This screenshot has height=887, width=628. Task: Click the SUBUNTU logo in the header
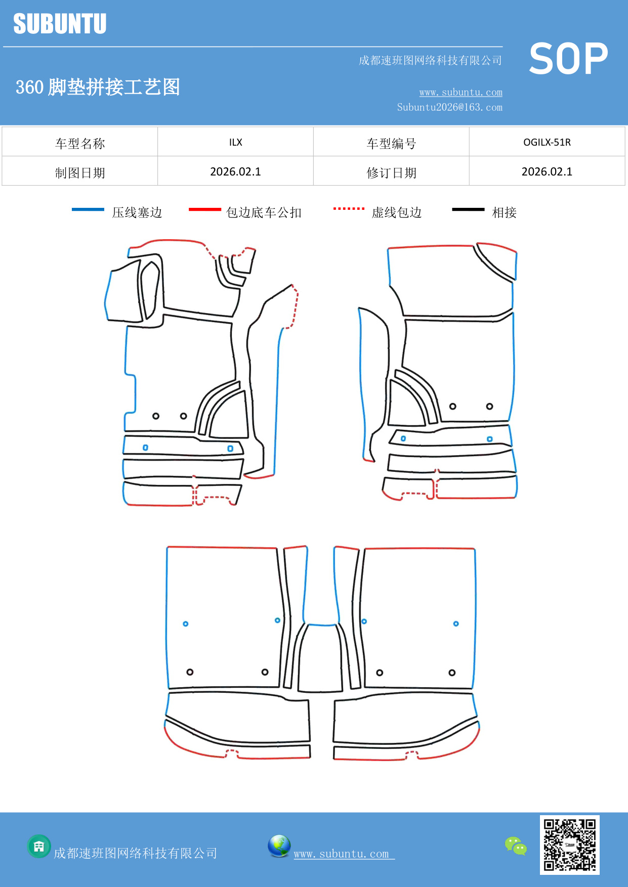60,24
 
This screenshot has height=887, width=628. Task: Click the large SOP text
568,59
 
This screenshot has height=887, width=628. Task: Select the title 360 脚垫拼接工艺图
98,87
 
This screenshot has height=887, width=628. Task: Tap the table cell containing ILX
235,142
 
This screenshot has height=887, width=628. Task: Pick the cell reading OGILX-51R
547,142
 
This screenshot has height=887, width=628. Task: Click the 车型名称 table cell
80,143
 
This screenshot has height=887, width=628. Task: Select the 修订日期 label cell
391,172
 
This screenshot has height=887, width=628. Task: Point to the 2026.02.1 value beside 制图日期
235,171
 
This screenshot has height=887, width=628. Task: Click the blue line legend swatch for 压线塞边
88,209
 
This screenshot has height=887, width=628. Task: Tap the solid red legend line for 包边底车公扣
204,209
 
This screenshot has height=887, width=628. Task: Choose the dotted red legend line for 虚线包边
349,208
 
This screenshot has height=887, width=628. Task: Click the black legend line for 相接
468,209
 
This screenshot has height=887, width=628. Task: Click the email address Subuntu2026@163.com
449,107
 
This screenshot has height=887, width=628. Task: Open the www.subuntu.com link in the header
460,92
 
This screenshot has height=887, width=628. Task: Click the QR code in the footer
569,845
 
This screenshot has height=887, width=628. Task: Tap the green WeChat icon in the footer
516,846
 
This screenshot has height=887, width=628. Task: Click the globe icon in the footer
279,846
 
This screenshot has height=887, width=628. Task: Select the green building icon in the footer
39,846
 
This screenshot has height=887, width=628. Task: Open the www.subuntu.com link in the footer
342,854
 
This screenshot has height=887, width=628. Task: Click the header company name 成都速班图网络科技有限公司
430,61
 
